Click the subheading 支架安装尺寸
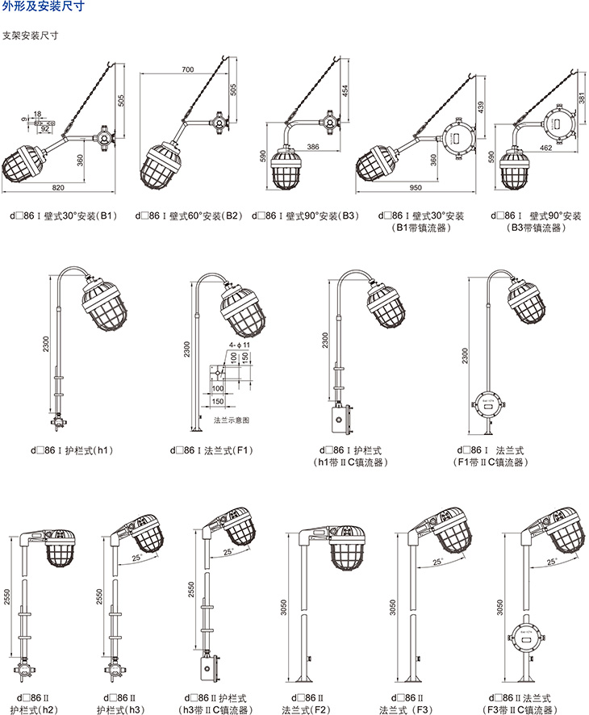pos(30,36)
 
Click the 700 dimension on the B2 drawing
pos(187,70)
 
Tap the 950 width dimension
pos(416,188)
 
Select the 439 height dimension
pos(482,107)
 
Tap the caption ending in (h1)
pos(73,449)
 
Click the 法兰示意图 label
pos(231,420)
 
